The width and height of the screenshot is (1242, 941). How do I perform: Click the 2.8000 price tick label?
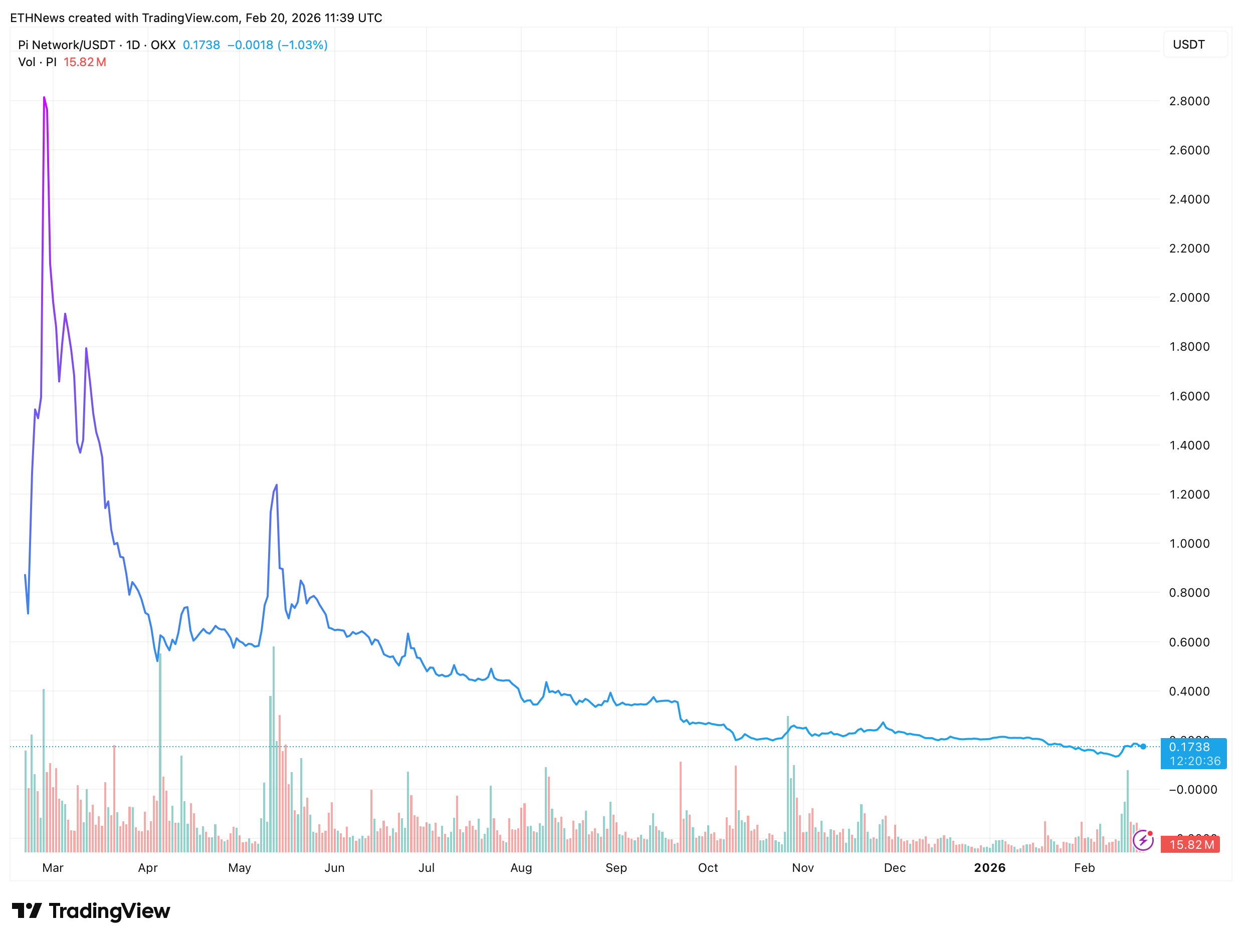coord(1189,101)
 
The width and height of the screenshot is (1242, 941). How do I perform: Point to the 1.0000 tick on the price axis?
coord(1189,544)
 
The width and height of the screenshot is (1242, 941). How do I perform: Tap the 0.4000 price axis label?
coord(1189,691)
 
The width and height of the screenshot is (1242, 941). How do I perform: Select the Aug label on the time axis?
coord(521,867)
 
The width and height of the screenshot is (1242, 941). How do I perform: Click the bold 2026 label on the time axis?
coord(989,867)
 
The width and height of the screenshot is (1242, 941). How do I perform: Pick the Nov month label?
coord(802,867)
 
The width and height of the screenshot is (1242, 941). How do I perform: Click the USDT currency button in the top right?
coord(1189,45)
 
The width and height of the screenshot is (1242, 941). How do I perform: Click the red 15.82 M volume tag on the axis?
coord(1191,844)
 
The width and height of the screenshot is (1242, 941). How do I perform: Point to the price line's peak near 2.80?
coord(44,98)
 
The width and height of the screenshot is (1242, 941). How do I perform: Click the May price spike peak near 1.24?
coord(276,486)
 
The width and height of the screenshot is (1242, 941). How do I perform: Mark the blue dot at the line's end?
coord(1143,747)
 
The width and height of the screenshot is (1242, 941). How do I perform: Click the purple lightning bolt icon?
coord(1143,840)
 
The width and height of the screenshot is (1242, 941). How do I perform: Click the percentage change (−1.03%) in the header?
coord(303,45)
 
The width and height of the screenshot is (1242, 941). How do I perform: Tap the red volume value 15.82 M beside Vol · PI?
coord(85,62)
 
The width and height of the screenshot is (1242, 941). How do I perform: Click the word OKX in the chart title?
coord(163,45)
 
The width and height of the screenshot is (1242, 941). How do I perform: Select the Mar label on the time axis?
coord(53,867)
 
